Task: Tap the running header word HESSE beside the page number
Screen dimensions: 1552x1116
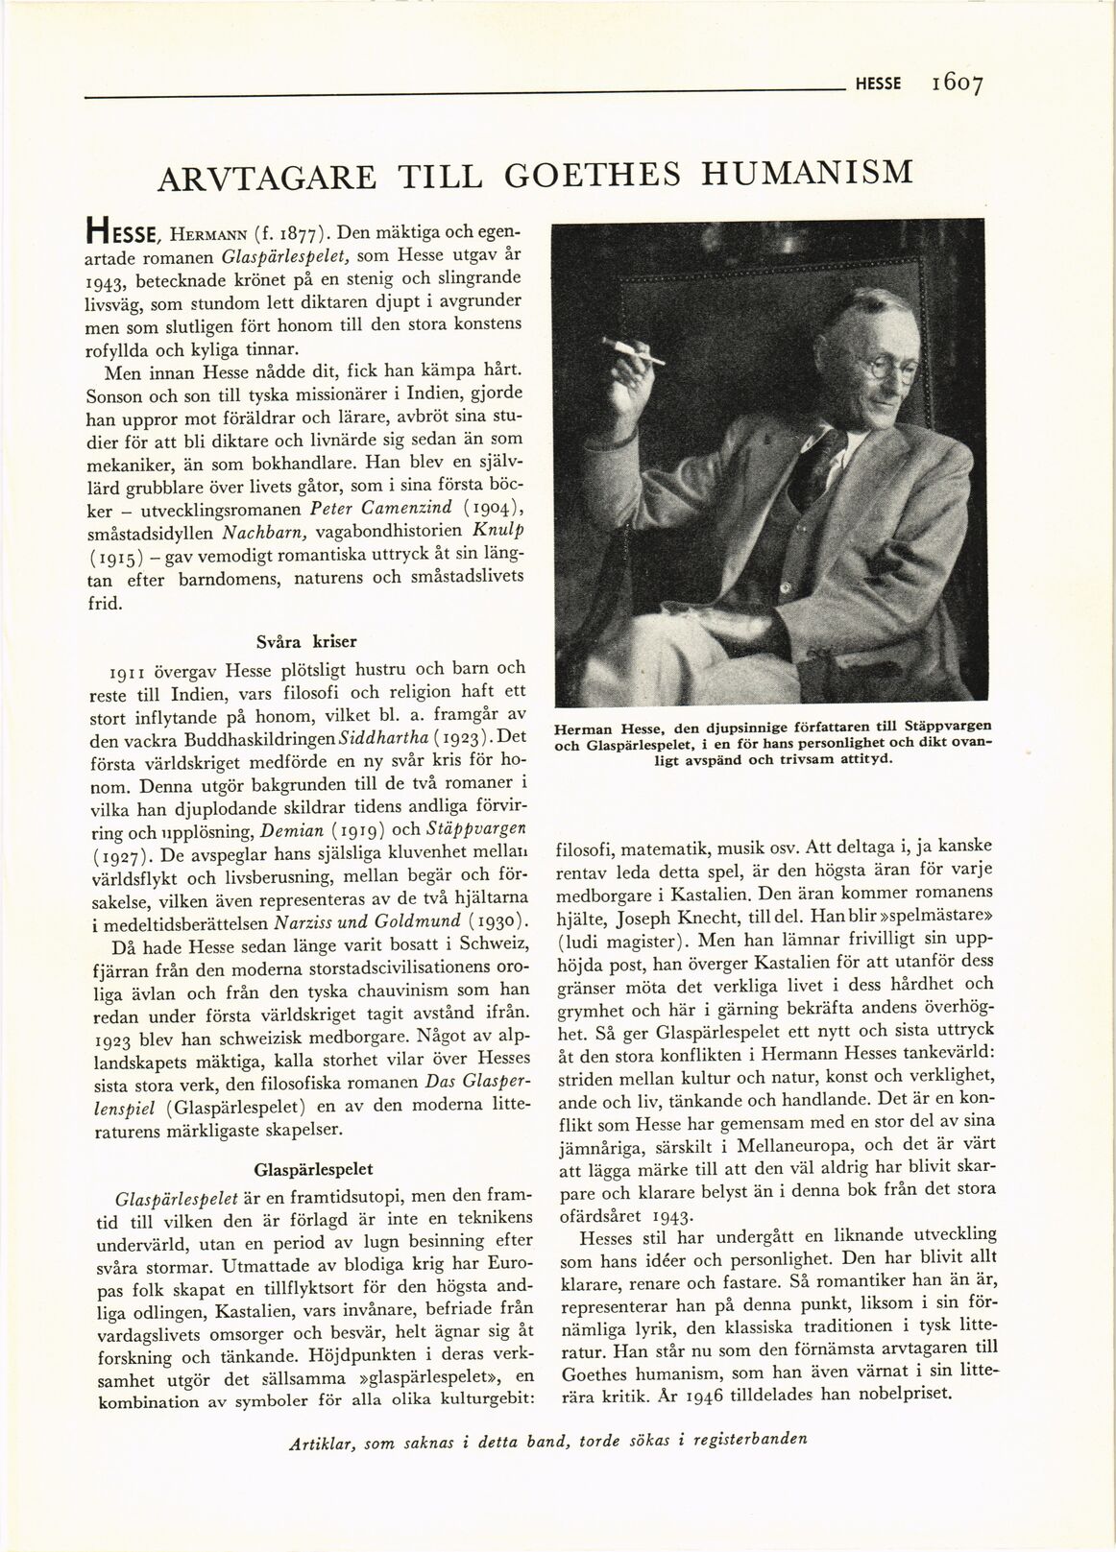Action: (x=878, y=84)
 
